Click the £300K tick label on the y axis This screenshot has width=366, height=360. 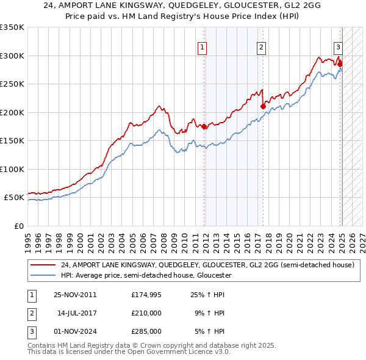(12, 56)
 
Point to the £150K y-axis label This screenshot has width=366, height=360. (12, 140)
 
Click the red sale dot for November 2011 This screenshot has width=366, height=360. (204, 126)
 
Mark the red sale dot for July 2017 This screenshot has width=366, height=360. (263, 106)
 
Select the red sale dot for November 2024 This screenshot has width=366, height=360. (340, 63)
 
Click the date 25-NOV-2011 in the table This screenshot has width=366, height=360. (76, 295)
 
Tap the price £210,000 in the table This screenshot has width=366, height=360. (146, 313)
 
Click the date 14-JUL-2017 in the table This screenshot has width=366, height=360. (77, 313)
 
